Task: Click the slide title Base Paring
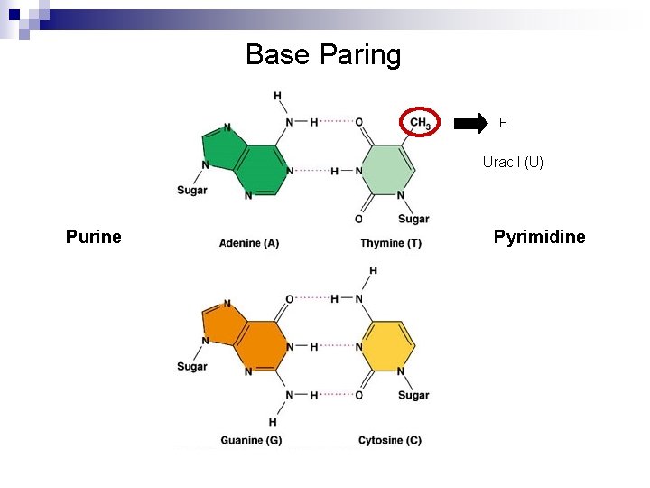click(x=323, y=55)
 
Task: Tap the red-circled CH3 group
click(x=420, y=122)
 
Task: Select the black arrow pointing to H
click(x=469, y=124)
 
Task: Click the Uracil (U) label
click(x=513, y=163)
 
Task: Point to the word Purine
click(x=93, y=237)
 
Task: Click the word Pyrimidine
click(x=539, y=237)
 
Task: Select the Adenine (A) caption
click(x=249, y=243)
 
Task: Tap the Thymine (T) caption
click(x=390, y=243)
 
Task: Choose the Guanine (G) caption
click(x=250, y=440)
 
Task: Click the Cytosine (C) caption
click(x=389, y=440)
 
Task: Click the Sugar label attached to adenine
click(x=191, y=190)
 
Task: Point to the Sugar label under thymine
click(x=413, y=219)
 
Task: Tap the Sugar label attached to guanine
click(x=191, y=367)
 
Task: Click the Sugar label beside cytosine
click(x=413, y=395)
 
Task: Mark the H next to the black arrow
click(x=503, y=124)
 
